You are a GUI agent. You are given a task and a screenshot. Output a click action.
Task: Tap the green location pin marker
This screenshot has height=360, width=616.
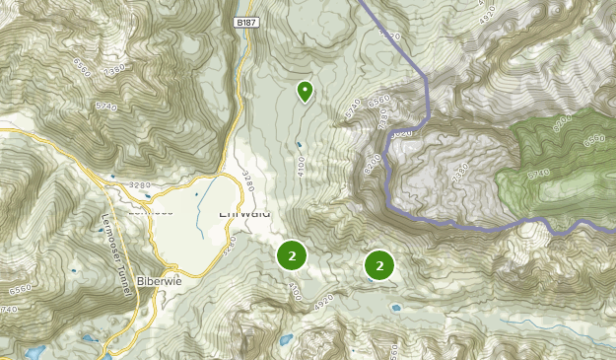[305, 92]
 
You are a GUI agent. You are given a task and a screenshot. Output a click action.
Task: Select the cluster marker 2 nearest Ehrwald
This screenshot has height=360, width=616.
[291, 255]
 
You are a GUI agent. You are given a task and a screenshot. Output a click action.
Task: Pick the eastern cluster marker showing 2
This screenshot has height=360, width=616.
[379, 264]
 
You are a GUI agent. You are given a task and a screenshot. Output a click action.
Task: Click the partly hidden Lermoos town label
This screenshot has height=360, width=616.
[149, 210]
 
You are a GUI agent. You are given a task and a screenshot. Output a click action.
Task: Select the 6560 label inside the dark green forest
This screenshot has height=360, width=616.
[594, 140]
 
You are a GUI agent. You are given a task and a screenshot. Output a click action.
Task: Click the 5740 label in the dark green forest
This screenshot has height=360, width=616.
[538, 174]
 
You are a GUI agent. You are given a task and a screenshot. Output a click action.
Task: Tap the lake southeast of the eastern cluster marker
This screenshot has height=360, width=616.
[395, 308]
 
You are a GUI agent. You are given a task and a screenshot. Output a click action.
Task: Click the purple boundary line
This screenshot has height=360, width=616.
[427, 99]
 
